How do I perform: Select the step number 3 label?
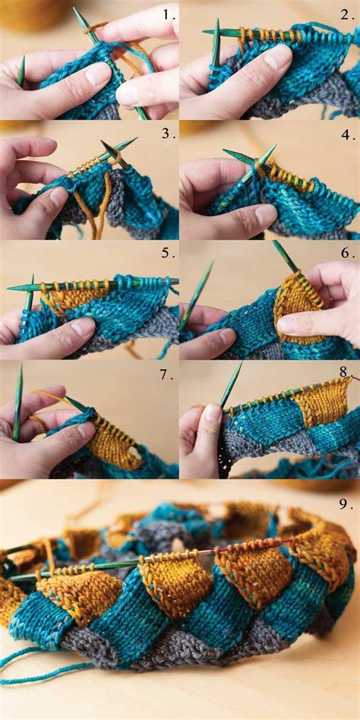point(168,134)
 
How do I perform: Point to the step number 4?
point(347,134)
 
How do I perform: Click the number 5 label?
point(168,253)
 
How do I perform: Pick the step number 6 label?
point(347,253)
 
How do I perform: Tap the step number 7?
point(168,373)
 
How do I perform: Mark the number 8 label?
point(344,372)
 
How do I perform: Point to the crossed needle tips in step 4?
point(258,161)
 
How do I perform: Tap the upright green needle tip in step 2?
point(216,42)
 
